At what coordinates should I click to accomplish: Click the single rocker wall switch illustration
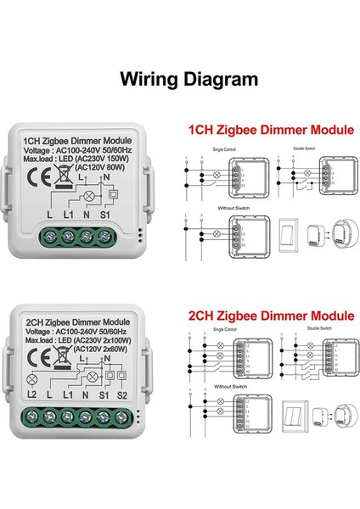[288, 235]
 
